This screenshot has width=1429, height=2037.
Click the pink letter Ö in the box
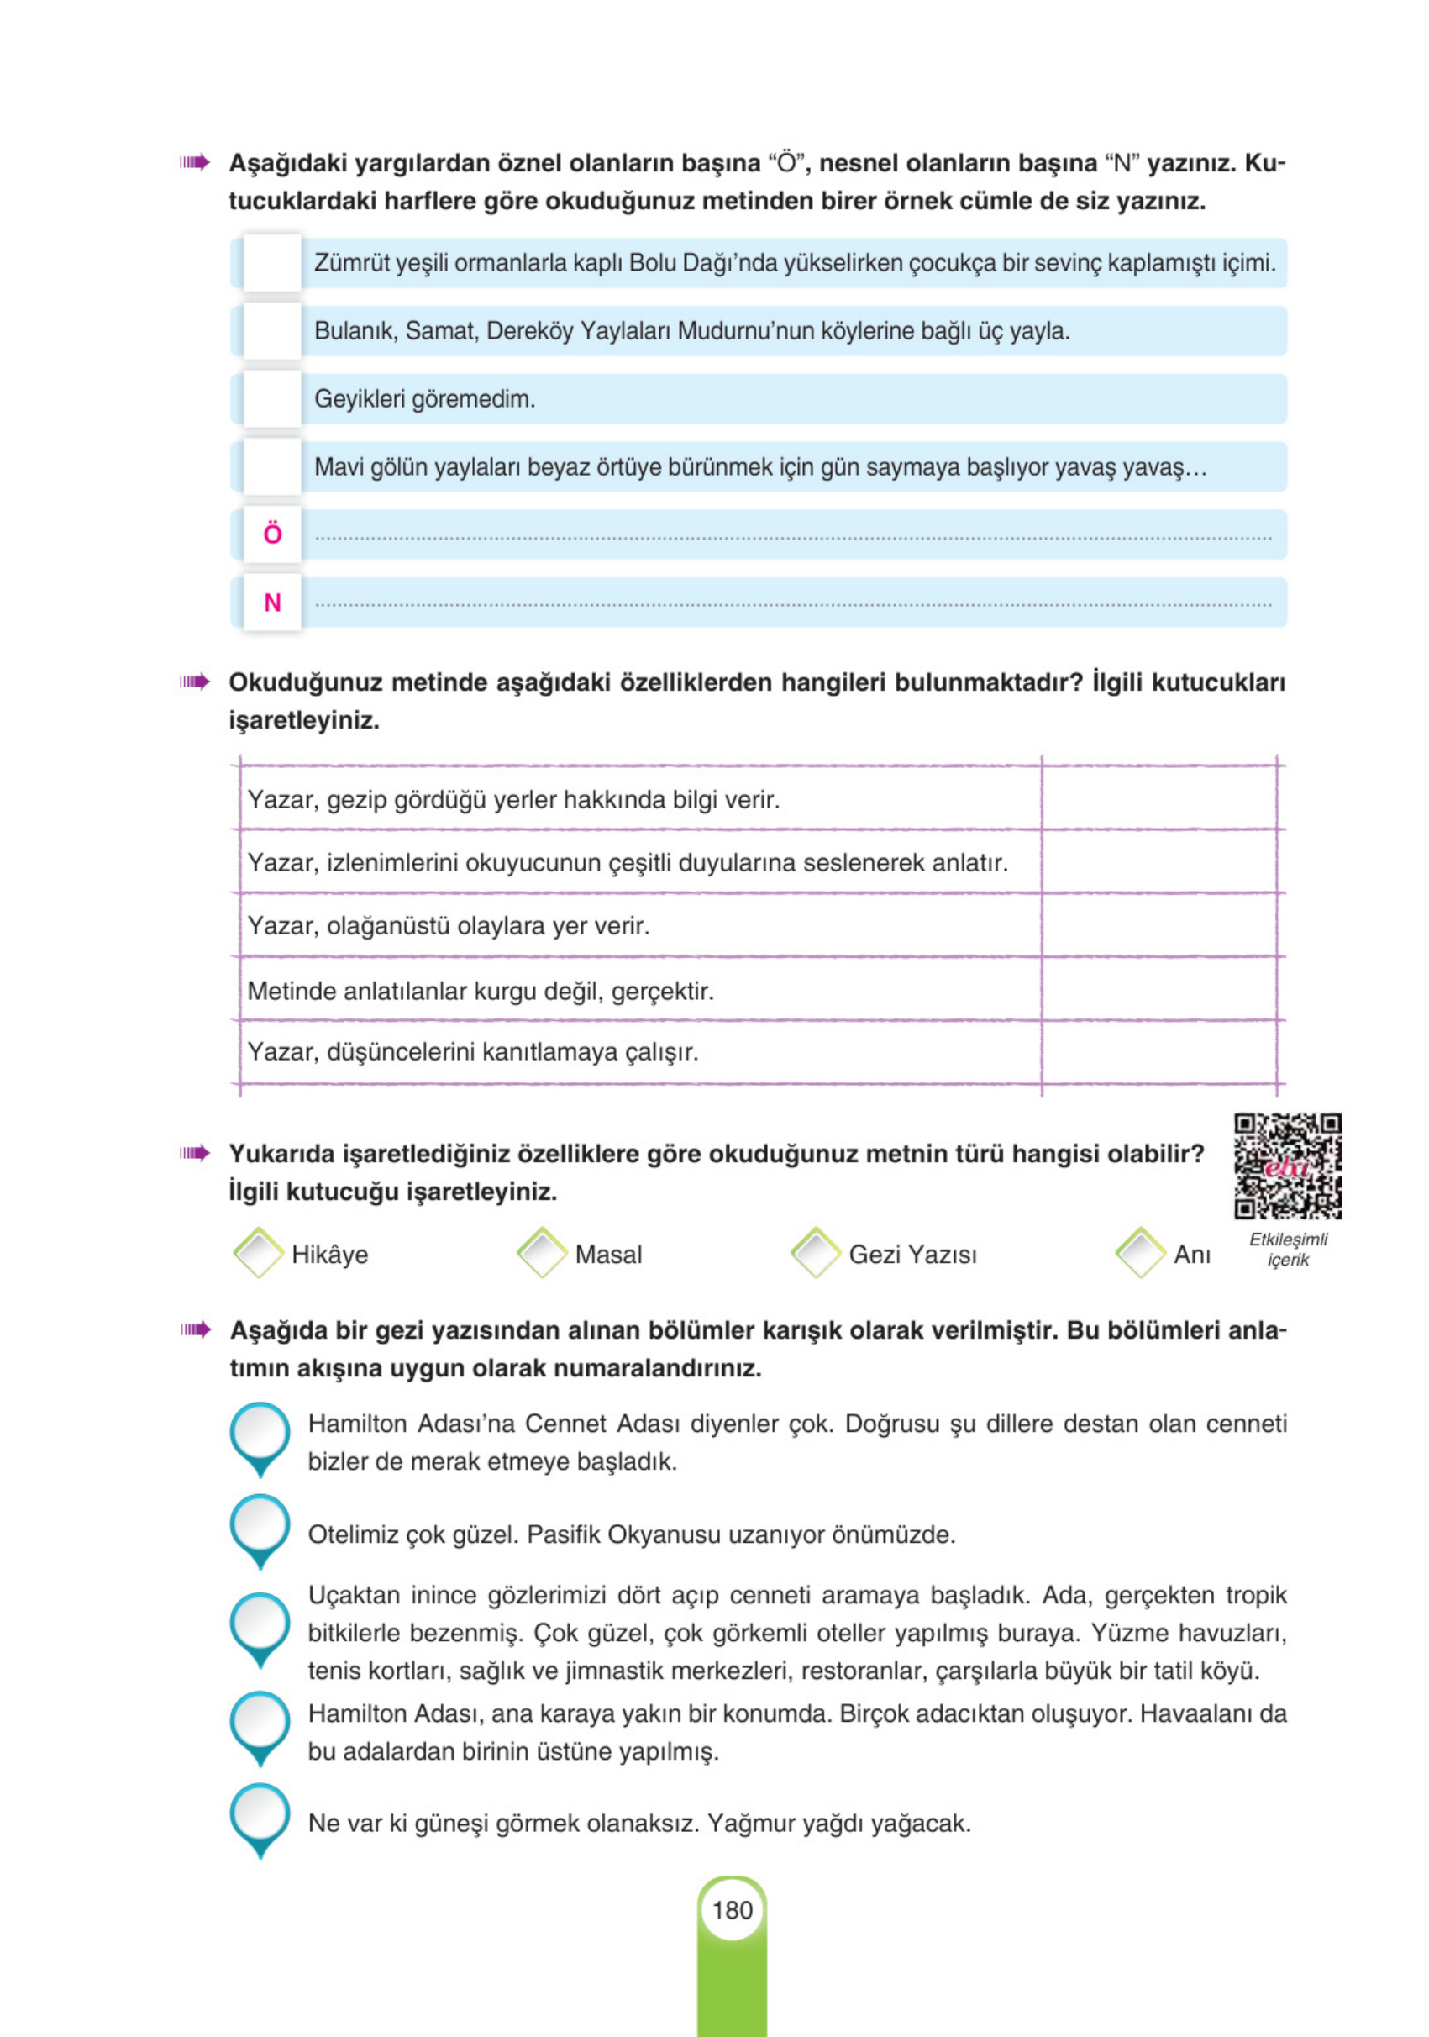tap(272, 534)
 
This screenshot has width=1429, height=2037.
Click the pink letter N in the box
tap(272, 603)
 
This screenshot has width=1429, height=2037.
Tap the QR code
tap(1287, 1166)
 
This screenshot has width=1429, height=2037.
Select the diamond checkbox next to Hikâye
tap(258, 1253)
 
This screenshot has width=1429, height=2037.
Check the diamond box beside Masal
tap(542, 1253)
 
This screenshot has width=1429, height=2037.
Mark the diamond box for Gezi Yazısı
tap(815, 1253)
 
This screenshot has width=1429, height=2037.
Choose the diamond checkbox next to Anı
tap(1141, 1253)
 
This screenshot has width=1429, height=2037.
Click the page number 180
tap(732, 1909)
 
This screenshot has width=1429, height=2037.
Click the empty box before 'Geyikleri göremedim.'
tap(272, 399)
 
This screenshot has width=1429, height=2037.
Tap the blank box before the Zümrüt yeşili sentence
tap(272, 264)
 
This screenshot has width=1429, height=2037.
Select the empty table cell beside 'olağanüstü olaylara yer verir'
tap(1158, 925)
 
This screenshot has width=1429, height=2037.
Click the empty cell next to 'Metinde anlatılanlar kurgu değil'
tap(1158, 989)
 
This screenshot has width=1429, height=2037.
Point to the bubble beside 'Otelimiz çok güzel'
tap(260, 1525)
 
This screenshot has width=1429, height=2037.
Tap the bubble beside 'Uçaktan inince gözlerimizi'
tap(260, 1624)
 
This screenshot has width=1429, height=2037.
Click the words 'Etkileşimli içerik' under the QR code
tap(1288, 1249)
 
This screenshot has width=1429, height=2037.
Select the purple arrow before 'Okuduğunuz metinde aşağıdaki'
tap(194, 682)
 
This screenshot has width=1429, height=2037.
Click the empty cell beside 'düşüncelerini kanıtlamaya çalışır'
tap(1158, 1052)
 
